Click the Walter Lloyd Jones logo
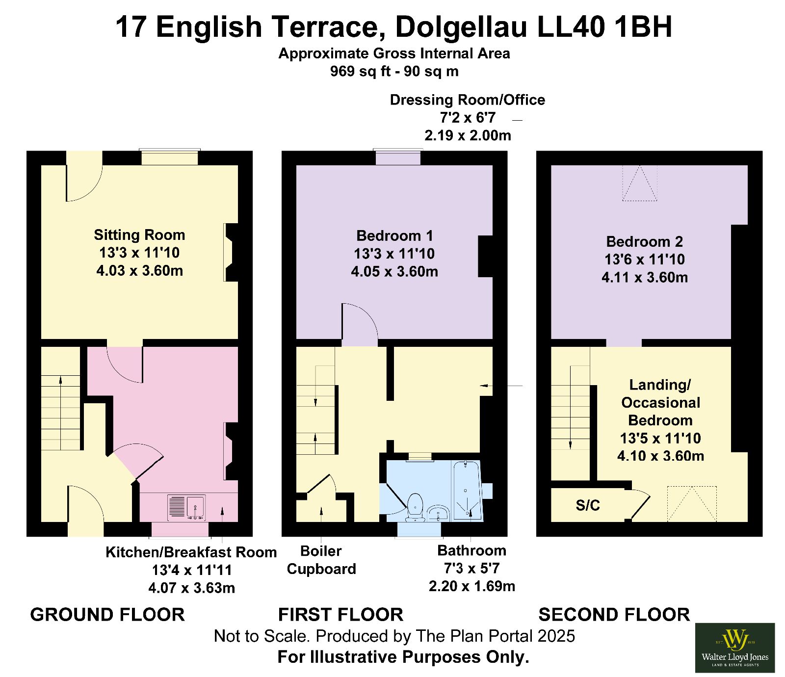[x=735, y=648]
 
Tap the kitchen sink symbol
[x=186, y=508]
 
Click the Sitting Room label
[x=139, y=235]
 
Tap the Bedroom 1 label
[x=394, y=236]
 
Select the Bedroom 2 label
[x=644, y=241]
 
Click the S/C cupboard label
[x=588, y=505]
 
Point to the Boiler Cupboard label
[x=321, y=560]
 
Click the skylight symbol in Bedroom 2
[x=640, y=183]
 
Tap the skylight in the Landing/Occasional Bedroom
[x=692, y=504]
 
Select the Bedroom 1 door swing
[x=360, y=321]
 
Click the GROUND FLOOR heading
[x=107, y=615]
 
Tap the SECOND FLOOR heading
[x=614, y=615]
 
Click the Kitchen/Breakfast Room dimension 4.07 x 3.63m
[x=192, y=588]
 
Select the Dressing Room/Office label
[x=468, y=100]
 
